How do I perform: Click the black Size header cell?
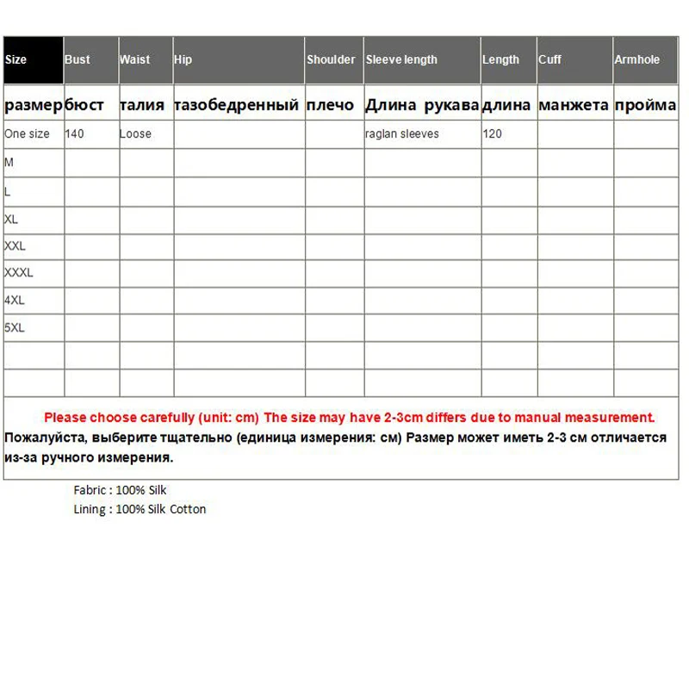(33, 59)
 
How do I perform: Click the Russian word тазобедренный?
(236, 105)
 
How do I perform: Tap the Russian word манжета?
(574, 105)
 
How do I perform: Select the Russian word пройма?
(645, 105)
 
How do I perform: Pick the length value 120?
(492, 133)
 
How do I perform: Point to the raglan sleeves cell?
(402, 133)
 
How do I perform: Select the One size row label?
(27, 133)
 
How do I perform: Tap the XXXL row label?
(19, 273)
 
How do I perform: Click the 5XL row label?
(15, 328)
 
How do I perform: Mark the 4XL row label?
(15, 301)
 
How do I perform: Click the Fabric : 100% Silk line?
(120, 490)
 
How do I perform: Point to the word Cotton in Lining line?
(188, 509)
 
